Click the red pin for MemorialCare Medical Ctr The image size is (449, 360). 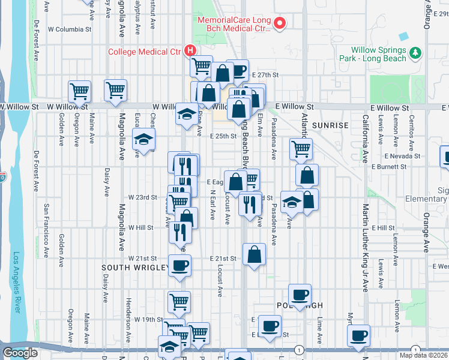pos(279,23)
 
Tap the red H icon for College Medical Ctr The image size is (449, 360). pos(190,51)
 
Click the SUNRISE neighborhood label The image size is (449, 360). pos(330,125)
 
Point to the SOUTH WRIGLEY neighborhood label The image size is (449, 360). pos(134,267)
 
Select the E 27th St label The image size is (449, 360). pos(266,75)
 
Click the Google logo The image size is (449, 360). pos(20,353)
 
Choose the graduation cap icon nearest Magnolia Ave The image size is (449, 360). pos(143,140)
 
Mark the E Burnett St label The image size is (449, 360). pos(390,166)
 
